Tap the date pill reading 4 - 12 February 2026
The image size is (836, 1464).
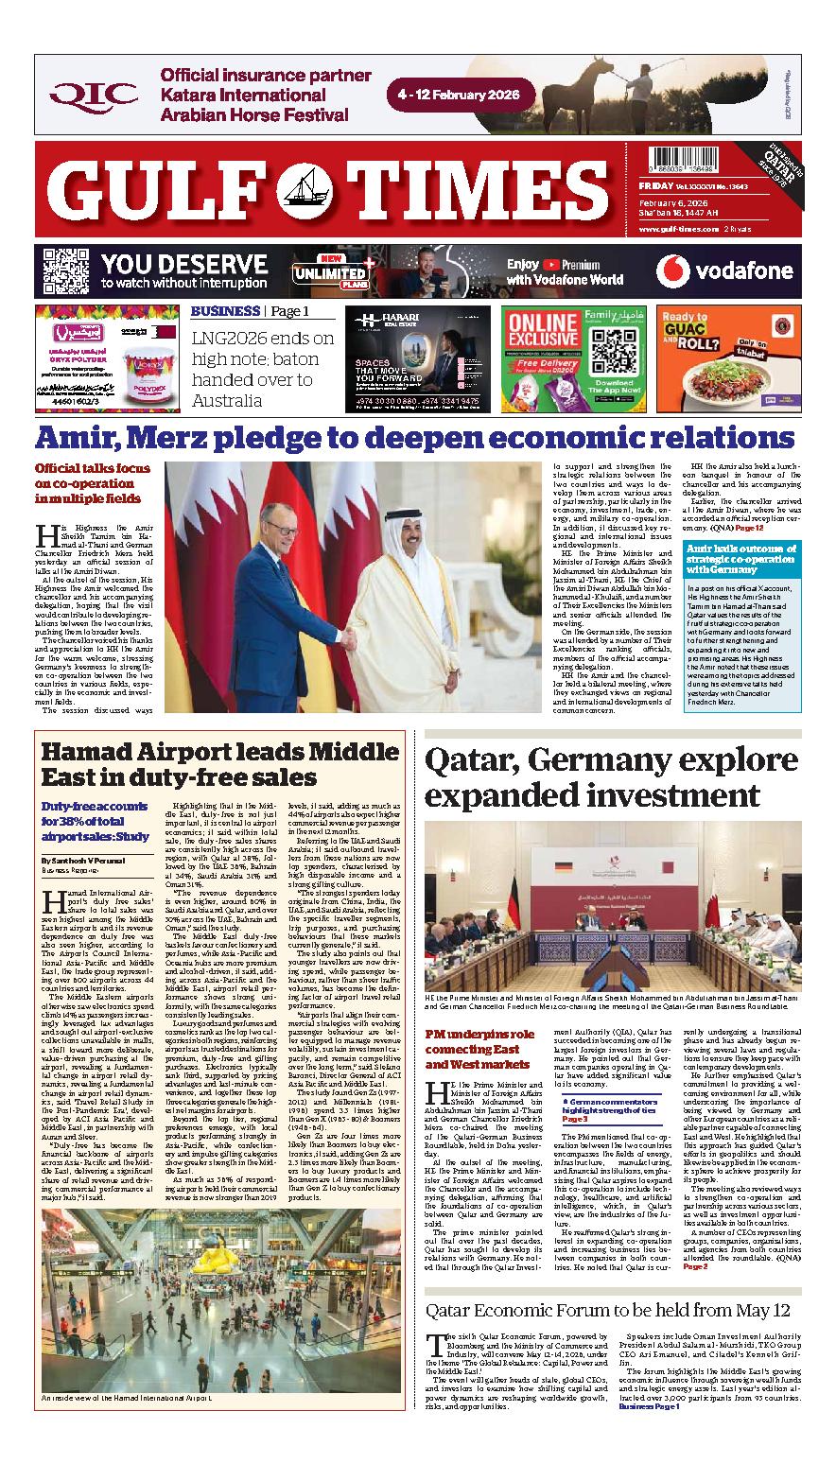461,96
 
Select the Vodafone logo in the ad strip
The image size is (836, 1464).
674,270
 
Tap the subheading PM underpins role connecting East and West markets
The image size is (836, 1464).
479,1049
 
